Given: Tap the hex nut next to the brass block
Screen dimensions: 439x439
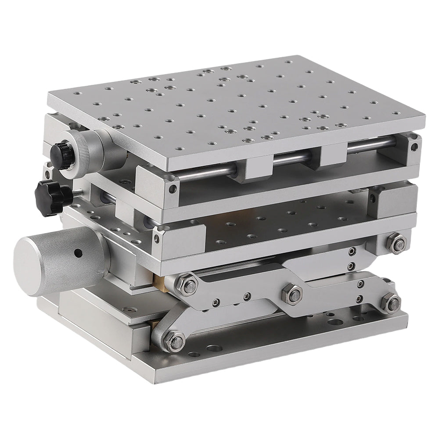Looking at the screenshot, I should click(187, 284).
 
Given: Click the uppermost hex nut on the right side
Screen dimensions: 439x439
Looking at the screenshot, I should click(397, 244).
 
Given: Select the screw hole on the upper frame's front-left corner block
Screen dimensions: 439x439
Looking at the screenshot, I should click(173, 189).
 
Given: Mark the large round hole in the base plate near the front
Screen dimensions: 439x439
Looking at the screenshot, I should click(214, 349).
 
